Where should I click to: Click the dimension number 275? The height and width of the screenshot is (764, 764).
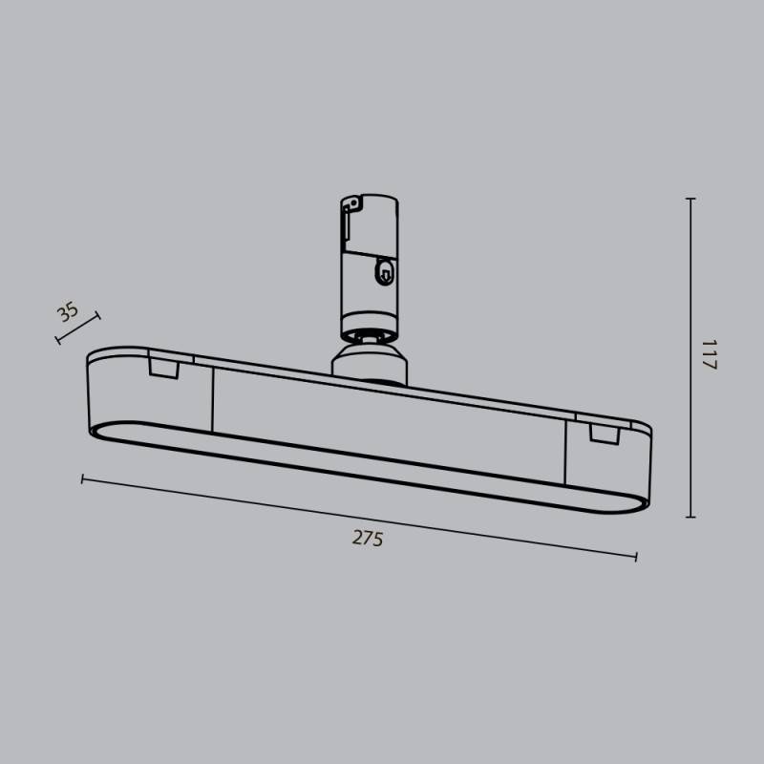tap(367, 539)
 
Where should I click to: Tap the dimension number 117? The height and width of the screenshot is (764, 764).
tap(708, 355)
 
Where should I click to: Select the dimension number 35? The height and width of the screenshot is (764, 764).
tap(67, 311)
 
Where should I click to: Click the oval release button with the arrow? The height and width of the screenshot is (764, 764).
tap(383, 273)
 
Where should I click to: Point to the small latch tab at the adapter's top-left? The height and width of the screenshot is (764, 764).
tap(351, 204)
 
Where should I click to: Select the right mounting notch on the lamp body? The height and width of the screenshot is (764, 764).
tap(605, 434)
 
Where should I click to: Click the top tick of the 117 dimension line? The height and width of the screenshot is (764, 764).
tap(690, 199)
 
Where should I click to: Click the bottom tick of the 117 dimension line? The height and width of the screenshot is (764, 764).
tap(690, 517)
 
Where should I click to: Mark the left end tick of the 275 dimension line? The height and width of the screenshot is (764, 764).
tap(83, 477)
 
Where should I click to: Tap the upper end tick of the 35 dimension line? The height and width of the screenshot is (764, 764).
tap(96, 316)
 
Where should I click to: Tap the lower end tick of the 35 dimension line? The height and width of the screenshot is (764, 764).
tap(58, 338)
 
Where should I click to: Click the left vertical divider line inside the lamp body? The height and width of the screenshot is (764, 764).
tap(212, 401)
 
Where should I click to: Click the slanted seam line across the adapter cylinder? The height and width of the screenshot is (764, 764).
tap(369, 250)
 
